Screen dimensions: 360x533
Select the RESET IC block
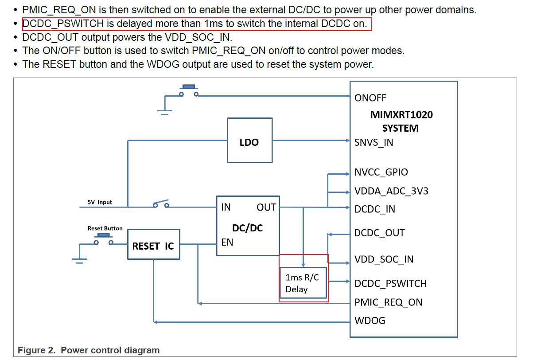coord(153,244)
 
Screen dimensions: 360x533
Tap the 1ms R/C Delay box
coord(303,283)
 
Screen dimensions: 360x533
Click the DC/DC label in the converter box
coord(248,228)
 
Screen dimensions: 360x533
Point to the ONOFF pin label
coord(370,98)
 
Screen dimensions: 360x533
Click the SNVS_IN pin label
coord(374,143)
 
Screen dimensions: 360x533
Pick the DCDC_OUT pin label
coord(379,233)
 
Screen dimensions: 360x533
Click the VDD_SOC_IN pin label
coord(384,259)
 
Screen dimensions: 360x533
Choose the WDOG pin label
coord(370,321)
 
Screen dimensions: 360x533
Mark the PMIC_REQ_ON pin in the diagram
coord(388,303)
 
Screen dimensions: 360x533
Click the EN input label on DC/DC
coord(227,243)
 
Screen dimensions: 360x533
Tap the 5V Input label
coord(100,202)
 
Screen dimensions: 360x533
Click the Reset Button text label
coord(105,228)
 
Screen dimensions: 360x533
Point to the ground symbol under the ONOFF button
coord(165,111)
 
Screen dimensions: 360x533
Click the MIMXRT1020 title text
coord(401,115)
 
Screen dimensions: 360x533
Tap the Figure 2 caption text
coord(89,350)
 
